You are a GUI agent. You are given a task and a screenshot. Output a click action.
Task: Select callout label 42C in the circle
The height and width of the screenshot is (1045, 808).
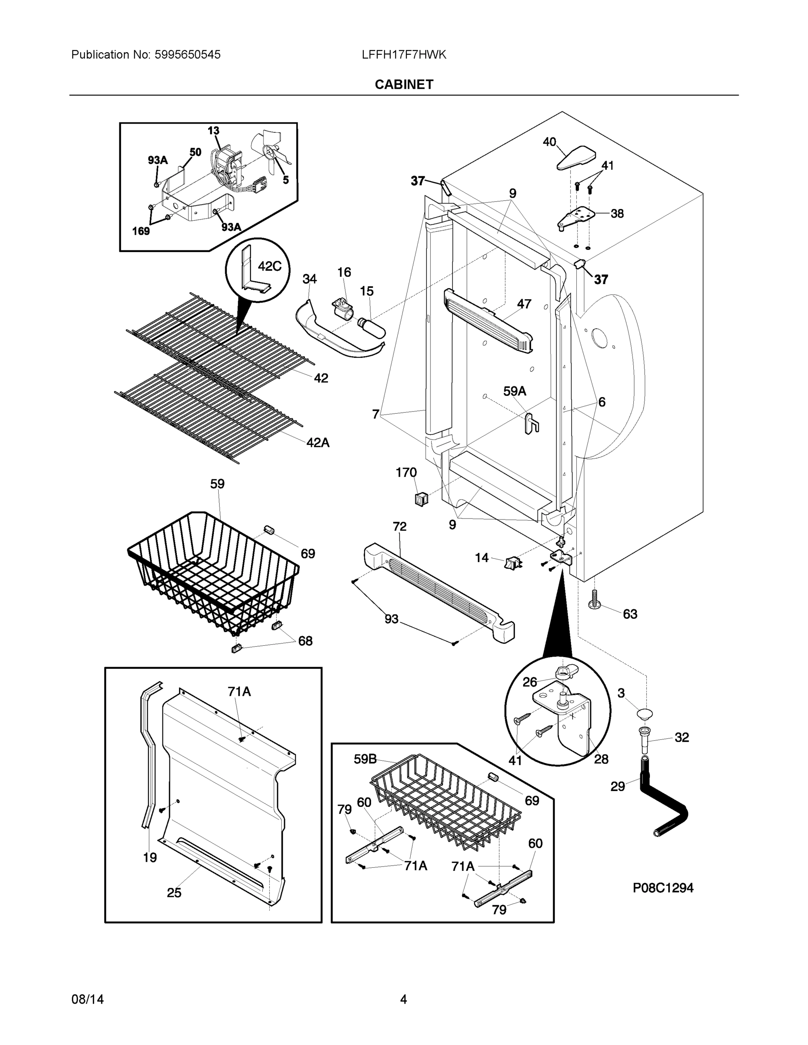coord(270,266)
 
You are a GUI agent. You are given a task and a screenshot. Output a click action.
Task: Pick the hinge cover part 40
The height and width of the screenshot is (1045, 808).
coord(577,158)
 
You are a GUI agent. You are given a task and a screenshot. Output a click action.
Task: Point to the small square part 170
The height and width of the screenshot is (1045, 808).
coord(421,499)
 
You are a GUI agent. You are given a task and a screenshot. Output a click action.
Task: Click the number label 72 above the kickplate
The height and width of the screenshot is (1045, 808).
coord(399,526)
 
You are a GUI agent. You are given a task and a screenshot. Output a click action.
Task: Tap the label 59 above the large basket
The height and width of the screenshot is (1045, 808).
coord(217,484)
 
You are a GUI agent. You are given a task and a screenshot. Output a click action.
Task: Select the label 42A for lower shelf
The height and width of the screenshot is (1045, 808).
coord(318,442)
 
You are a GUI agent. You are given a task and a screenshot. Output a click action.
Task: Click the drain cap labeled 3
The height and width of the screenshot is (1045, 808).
coord(645,715)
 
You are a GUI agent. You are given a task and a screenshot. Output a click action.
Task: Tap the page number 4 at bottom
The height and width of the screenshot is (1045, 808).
coord(403,999)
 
